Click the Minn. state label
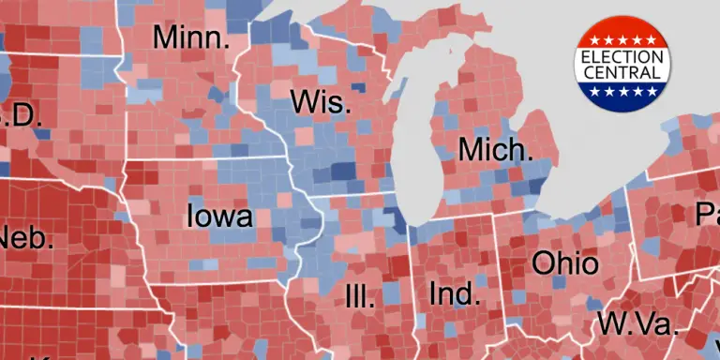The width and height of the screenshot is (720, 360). [190, 38]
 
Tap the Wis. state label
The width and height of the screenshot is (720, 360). [321, 102]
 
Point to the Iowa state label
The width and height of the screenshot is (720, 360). [220, 217]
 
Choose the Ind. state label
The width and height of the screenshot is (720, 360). [453, 293]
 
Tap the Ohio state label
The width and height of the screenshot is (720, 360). [564, 262]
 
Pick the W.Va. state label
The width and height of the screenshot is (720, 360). [637, 324]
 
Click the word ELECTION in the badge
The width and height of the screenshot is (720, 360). [622, 56]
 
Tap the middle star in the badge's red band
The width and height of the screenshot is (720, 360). [622, 40]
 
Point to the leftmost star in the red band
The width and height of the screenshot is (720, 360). [594, 42]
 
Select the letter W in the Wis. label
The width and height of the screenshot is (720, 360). [303, 102]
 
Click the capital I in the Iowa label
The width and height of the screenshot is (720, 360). [191, 217]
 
